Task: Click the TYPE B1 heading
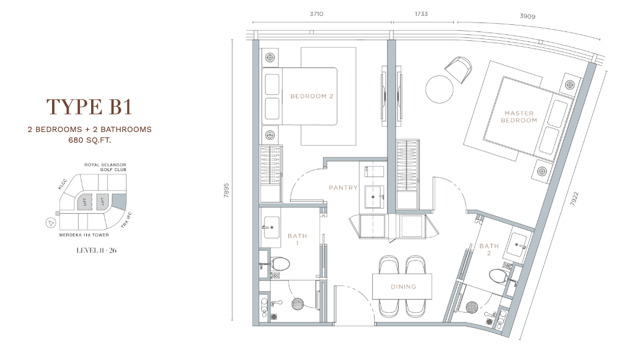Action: click(x=89, y=107)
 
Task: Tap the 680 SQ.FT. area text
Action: click(x=89, y=140)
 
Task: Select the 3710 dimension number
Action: click(x=317, y=14)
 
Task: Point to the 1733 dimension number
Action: click(x=421, y=14)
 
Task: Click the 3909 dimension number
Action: click(x=528, y=16)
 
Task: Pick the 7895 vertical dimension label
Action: click(x=227, y=191)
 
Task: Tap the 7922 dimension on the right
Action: click(x=575, y=198)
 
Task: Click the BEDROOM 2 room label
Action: click(x=312, y=96)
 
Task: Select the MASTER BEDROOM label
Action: click(x=519, y=117)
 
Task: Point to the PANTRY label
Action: click(x=343, y=188)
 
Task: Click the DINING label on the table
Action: click(x=404, y=287)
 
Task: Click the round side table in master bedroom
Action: click(x=439, y=89)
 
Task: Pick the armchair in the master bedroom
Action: click(x=459, y=69)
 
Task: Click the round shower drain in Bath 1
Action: click(x=298, y=304)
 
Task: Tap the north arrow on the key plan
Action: click(x=51, y=223)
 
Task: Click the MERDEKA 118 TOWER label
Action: click(x=84, y=234)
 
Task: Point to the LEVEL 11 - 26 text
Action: click(x=96, y=250)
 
